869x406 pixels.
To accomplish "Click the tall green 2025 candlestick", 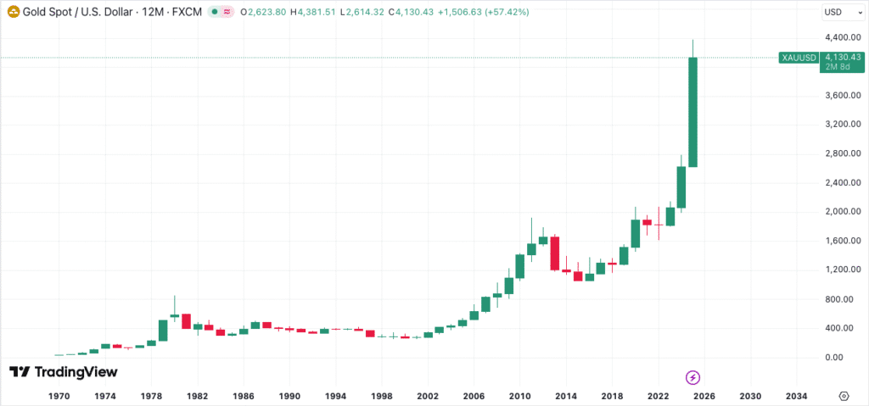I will point(692,112).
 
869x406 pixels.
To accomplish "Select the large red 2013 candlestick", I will point(554,253).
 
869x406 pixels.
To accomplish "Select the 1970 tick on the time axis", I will point(59,396).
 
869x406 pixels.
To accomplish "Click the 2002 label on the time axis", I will point(428,396).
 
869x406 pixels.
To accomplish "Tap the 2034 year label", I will point(796,396).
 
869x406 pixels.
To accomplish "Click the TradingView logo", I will point(64,372).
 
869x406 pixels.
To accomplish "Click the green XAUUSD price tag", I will point(799,58).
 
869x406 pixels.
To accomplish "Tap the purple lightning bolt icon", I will point(692,376).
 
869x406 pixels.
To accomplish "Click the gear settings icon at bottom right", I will point(844,396).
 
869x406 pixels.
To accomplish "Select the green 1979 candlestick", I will point(162,331).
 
